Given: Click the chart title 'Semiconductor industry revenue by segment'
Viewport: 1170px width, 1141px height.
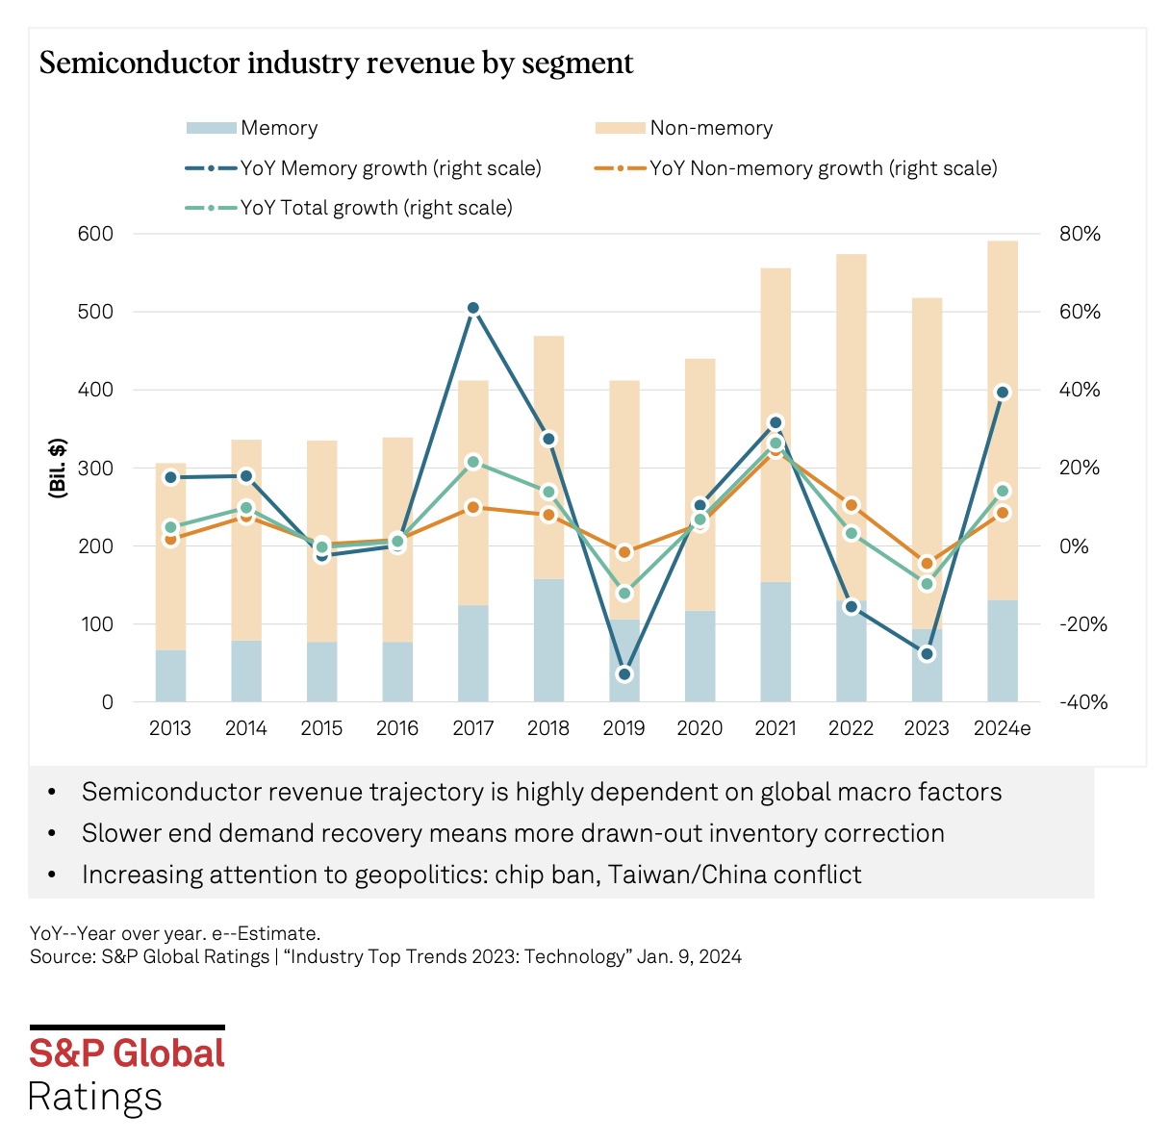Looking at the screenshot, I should point(336,63).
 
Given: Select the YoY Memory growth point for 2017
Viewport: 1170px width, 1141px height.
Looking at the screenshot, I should point(473,309).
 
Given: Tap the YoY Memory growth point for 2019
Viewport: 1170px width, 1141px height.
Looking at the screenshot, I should point(624,674).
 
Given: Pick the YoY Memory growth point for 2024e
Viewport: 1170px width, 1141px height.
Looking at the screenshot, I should point(1002,392).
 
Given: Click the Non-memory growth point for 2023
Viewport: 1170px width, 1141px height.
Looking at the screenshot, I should point(927,564).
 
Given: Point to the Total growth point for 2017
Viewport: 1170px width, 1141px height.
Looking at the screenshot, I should point(473,463).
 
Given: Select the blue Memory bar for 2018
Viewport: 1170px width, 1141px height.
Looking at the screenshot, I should point(548,640).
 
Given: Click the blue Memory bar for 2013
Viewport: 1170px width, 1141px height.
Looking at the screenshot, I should point(170,675).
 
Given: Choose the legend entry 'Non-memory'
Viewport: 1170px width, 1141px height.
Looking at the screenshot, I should point(711,128).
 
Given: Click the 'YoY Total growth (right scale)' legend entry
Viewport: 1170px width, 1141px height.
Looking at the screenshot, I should point(375,208).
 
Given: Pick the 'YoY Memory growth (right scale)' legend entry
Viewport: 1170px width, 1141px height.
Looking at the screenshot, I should point(390,168).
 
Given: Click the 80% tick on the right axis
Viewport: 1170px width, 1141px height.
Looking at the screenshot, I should point(1081,234).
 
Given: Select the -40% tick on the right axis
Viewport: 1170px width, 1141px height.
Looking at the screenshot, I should point(1083,702).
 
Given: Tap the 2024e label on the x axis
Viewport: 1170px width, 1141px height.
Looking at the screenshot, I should point(1002,728).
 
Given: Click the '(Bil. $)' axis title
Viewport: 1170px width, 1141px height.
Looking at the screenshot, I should point(58,468).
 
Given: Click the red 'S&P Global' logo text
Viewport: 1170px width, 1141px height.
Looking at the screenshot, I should point(127,1053).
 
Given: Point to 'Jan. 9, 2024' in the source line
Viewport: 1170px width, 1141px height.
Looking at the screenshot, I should point(689,956).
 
